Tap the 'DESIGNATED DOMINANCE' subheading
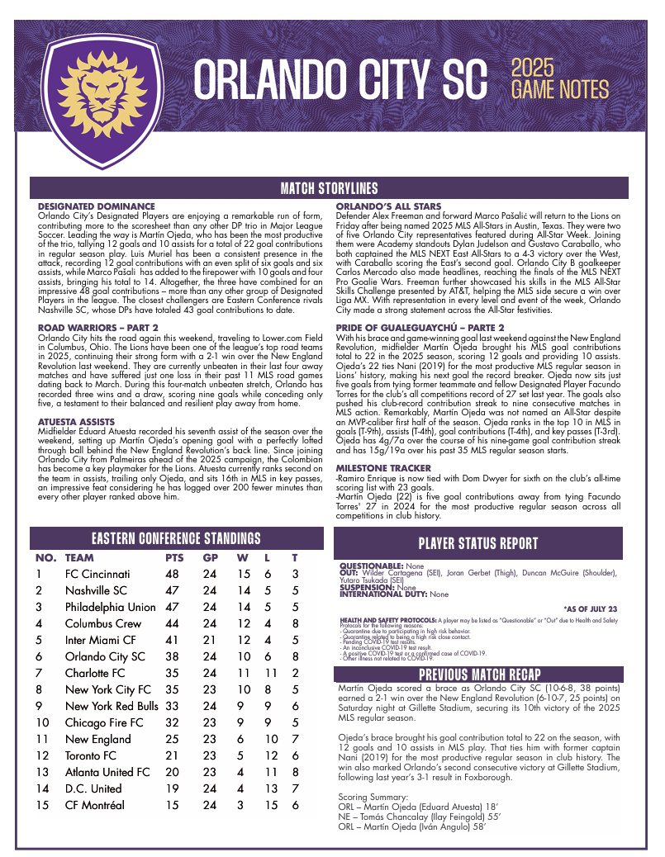pyautogui.click(x=97, y=206)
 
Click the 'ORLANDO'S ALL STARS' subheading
pyautogui.click(x=388, y=206)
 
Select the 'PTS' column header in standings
pyautogui.click(x=174, y=557)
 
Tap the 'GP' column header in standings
pyautogui.click(x=211, y=557)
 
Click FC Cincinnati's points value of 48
pyautogui.click(x=172, y=574)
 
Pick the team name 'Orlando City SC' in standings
pyautogui.click(x=105, y=656)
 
